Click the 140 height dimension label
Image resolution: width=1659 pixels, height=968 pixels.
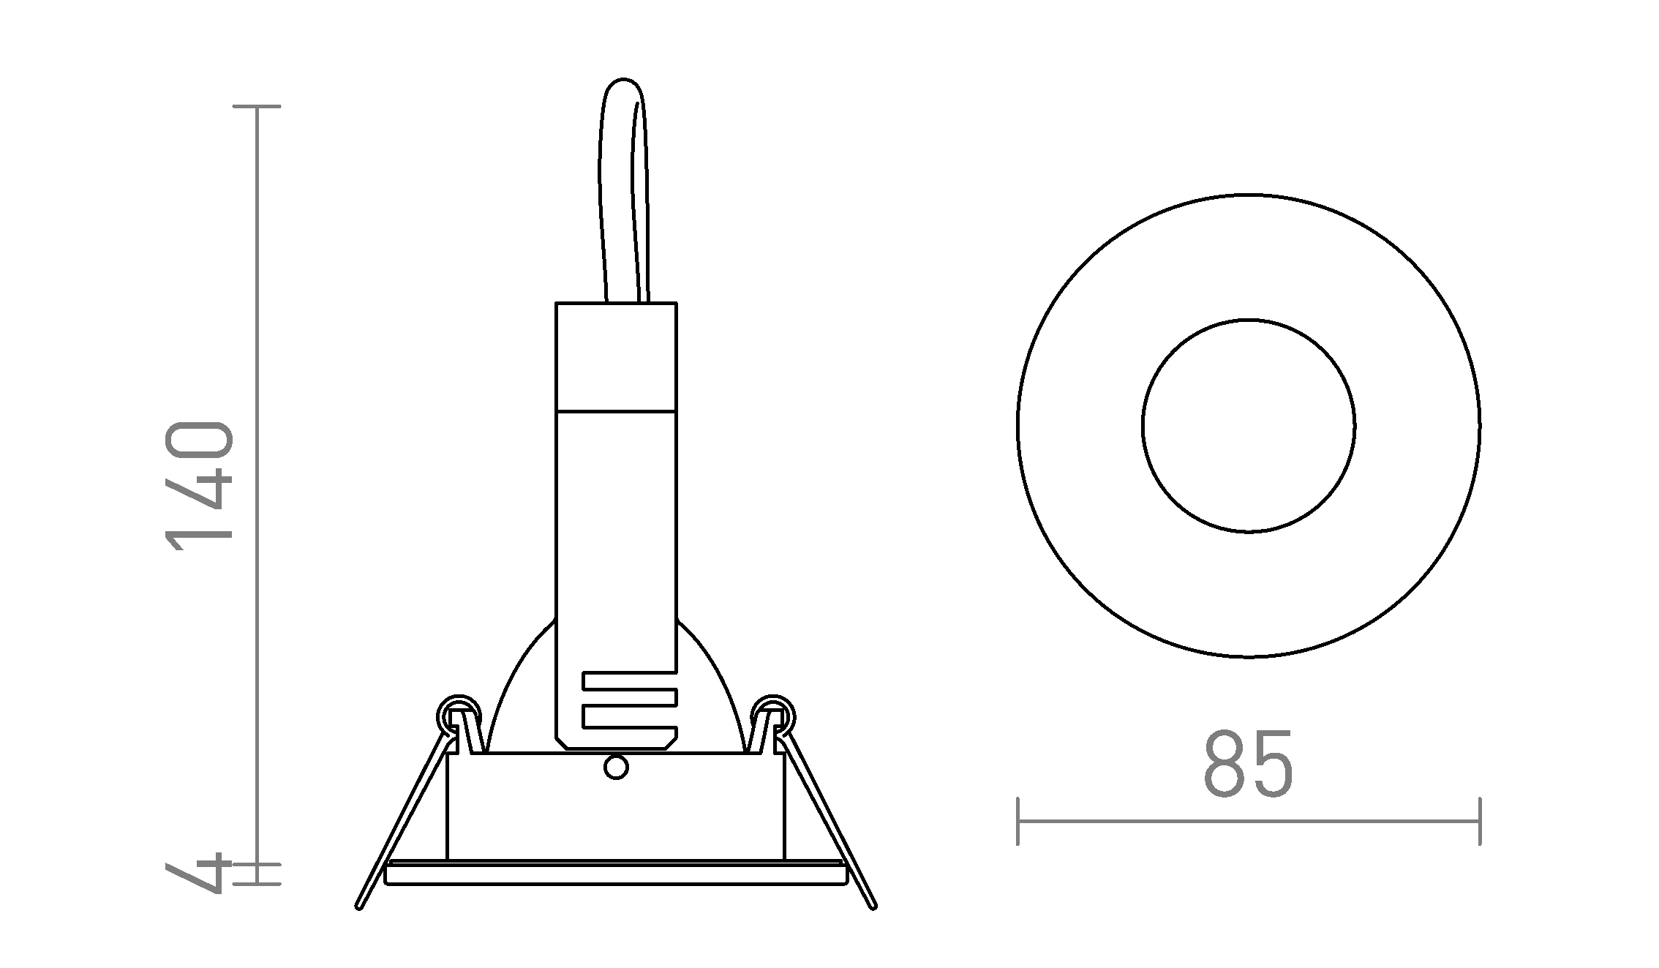click(199, 486)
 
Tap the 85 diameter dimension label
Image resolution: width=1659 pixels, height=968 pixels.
click(1248, 764)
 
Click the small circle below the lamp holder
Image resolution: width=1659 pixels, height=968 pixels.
click(616, 768)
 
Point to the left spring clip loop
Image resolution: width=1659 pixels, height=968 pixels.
click(458, 713)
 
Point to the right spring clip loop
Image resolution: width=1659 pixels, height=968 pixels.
click(773, 713)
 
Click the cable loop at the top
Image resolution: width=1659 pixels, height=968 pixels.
click(623, 190)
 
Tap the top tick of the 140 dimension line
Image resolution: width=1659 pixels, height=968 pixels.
click(256, 107)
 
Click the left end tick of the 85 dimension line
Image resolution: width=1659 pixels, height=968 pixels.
click(1018, 821)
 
